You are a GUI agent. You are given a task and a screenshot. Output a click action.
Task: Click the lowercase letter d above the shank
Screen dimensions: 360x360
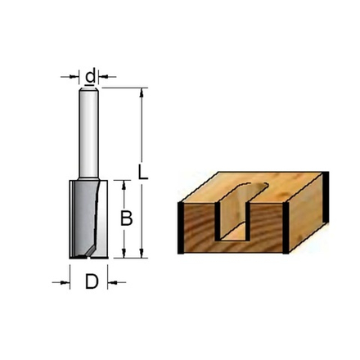coord(91,78)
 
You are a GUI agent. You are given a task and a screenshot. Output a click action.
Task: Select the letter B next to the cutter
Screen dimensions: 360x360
coord(126,219)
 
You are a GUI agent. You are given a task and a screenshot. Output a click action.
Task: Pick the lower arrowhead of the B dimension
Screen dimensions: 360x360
coord(122,254)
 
